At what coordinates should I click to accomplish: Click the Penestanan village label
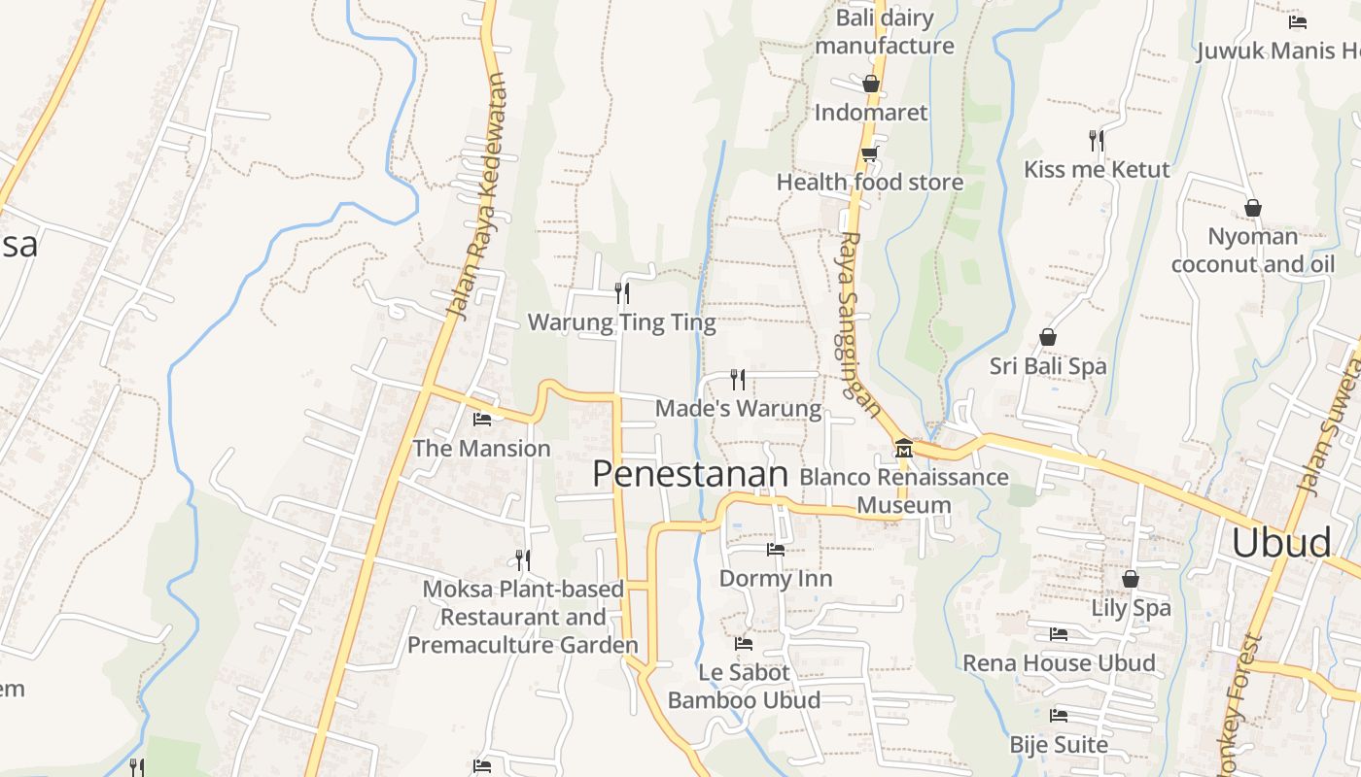[x=689, y=474]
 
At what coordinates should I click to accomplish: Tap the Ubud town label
[x=1280, y=543]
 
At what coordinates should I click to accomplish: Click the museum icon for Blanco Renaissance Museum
[x=904, y=449]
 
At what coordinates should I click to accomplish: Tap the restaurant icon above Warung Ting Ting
[x=622, y=292]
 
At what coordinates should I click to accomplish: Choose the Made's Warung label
[x=738, y=408]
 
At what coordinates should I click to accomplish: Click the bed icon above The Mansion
[x=481, y=420]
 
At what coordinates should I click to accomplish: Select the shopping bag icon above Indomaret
[x=871, y=84]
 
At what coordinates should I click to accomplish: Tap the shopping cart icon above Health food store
[x=869, y=153]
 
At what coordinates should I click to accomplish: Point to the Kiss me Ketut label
[x=1097, y=169]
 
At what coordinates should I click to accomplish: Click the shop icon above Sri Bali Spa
[x=1048, y=337]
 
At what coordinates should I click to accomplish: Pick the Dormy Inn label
[x=775, y=578]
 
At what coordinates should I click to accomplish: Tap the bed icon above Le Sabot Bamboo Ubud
[x=744, y=643]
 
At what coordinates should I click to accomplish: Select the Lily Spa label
[x=1131, y=608]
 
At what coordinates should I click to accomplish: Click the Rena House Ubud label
[x=1059, y=662]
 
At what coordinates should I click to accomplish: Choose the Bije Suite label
[x=1059, y=744]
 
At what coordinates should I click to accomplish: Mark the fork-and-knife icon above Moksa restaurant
[x=523, y=559]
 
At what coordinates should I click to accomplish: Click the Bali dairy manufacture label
[x=885, y=31]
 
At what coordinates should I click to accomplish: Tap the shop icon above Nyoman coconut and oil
[x=1253, y=208]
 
